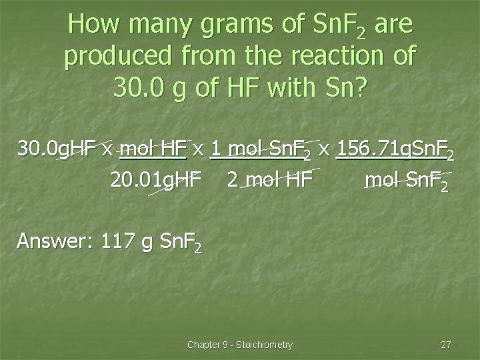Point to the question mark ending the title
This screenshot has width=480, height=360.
point(360,87)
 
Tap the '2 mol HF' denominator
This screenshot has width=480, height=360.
point(269,179)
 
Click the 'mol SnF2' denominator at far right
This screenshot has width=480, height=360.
point(407,180)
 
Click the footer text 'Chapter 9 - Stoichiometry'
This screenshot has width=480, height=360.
point(240,345)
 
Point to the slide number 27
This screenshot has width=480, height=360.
point(446,345)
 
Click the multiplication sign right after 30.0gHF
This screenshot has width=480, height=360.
point(107,150)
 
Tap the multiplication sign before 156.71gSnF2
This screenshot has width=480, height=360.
point(324,150)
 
